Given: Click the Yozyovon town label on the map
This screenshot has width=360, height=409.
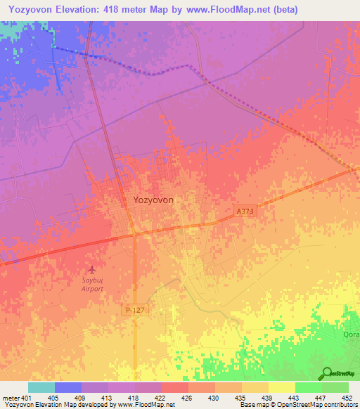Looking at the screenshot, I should [153, 200].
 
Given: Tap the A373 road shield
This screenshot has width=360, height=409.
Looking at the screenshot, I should [243, 210].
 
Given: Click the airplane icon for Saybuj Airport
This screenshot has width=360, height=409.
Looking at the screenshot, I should [91, 269].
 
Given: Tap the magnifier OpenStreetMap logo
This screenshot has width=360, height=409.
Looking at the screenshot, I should [326, 374].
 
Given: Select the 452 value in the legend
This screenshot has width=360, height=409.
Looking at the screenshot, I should [348, 397].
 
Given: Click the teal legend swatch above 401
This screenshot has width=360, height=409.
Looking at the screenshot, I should [41, 387].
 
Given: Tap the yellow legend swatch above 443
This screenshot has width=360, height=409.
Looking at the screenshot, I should [281, 387].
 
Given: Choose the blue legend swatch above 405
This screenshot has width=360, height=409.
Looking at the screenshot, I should [68, 387].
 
